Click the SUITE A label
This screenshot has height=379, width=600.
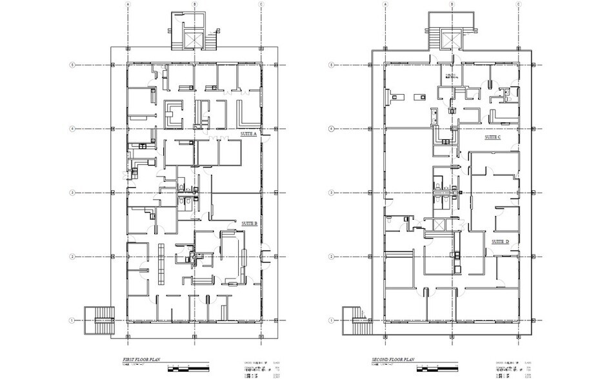249,134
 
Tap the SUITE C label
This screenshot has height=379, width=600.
493,138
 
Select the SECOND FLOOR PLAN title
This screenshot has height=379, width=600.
392,359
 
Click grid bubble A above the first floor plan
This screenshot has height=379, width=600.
128,4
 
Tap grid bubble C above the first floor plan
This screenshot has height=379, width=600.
261,4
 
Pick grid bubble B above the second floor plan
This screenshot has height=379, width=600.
452,4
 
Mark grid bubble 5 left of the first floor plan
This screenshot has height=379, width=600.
74,65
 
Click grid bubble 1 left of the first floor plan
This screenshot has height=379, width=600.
74,320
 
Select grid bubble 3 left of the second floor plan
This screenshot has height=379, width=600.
332,193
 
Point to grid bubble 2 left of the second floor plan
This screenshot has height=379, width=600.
332,257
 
